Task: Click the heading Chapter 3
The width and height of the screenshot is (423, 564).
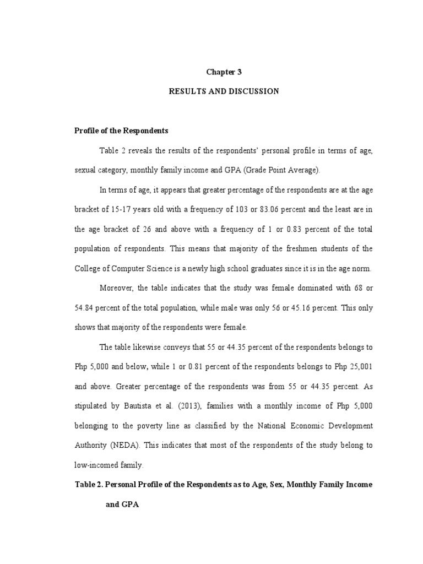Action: [224, 72]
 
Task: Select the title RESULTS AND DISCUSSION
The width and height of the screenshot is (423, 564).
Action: [224, 91]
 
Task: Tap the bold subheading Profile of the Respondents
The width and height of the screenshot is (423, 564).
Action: [121, 131]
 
